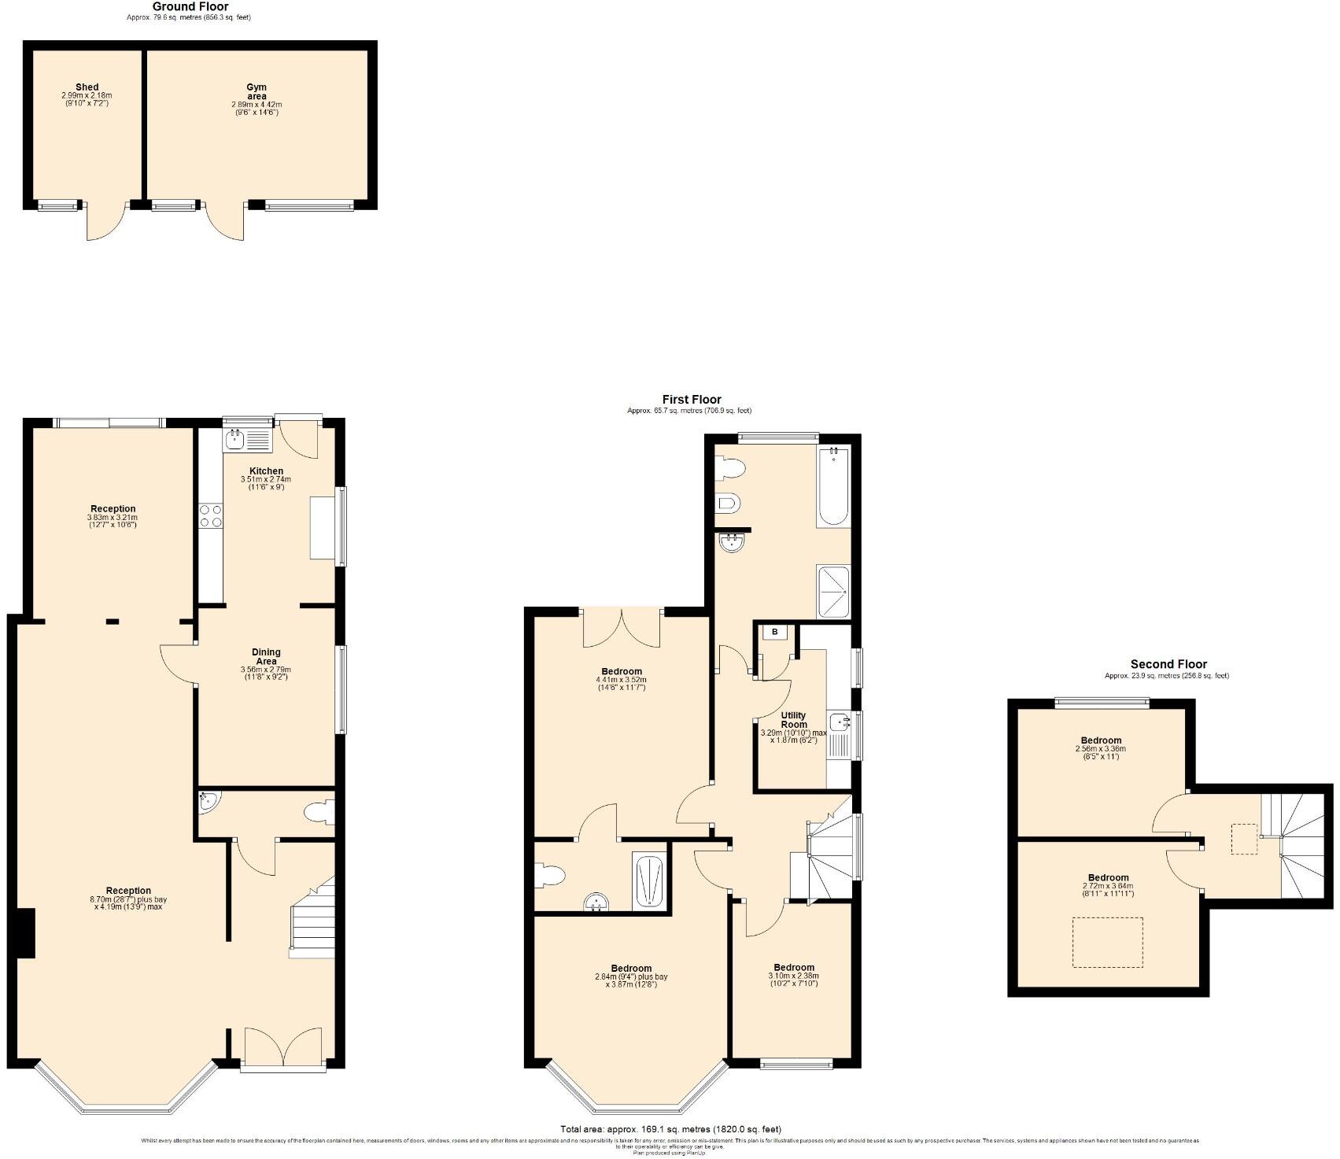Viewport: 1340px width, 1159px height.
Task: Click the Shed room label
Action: [x=87, y=87]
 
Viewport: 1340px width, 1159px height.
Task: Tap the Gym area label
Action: [x=256, y=91]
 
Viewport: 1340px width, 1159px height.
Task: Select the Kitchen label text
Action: [x=266, y=471]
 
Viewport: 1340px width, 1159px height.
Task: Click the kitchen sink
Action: [x=246, y=439]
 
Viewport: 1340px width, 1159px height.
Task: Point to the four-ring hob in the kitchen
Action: [x=210, y=516]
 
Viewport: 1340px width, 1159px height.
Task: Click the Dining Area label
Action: [x=266, y=656]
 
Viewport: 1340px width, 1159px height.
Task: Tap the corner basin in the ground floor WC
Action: [x=209, y=801]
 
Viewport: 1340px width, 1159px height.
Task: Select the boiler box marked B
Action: [x=774, y=632]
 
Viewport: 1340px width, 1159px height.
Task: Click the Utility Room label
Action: [x=793, y=720]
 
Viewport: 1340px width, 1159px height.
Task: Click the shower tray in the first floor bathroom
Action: [x=833, y=592]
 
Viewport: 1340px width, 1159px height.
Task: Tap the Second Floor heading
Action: [x=1168, y=664]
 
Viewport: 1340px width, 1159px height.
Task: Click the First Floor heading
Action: [x=691, y=400]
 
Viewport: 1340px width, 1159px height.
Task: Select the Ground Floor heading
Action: [x=190, y=7]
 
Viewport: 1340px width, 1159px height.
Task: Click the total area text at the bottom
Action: [x=670, y=1130]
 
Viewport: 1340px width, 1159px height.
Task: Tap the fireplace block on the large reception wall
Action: [x=25, y=933]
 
